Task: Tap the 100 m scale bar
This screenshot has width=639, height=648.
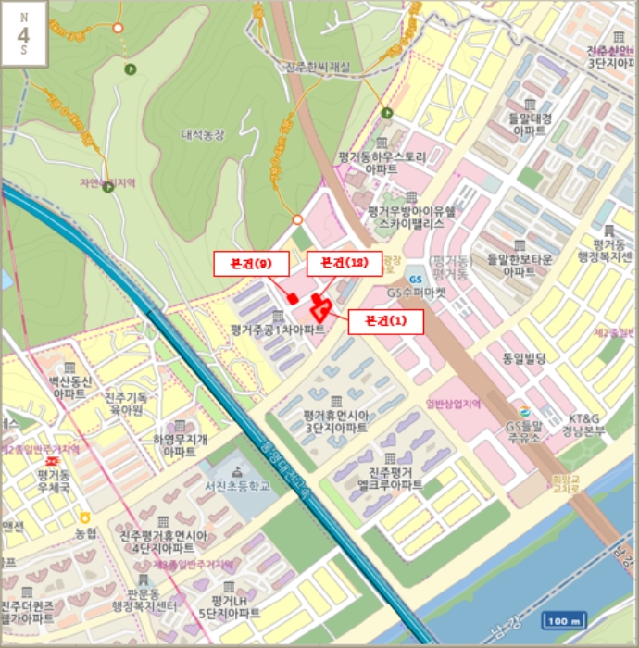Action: tap(564, 621)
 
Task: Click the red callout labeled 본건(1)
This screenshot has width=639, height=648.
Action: tap(384, 322)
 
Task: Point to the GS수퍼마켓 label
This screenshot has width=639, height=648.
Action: tap(417, 292)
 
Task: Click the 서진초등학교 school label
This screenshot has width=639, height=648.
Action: tap(238, 485)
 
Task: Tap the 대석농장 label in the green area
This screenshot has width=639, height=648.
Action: tap(203, 134)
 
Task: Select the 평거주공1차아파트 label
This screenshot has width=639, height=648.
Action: tap(277, 329)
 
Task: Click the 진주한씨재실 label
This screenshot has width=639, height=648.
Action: tap(318, 67)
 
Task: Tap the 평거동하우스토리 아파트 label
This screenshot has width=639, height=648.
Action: tap(381, 163)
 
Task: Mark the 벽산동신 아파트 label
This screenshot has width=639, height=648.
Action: tap(69, 387)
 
